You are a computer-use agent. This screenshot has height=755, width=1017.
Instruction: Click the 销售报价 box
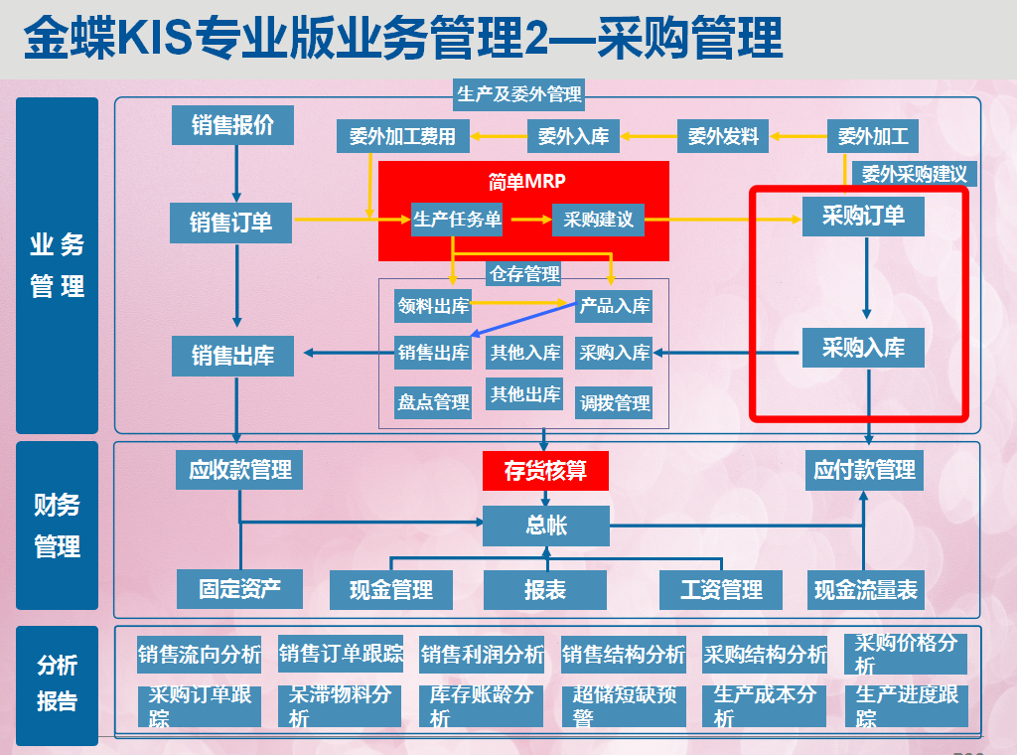click(x=232, y=125)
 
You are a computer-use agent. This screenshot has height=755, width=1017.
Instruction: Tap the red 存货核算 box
click(x=544, y=470)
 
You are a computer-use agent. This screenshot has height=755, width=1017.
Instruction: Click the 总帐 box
click(x=544, y=525)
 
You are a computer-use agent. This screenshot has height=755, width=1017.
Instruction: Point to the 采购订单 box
click(x=863, y=216)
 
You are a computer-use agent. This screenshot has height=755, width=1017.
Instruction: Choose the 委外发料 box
click(x=723, y=136)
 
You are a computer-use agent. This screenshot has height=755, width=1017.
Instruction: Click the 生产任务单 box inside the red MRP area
click(x=457, y=220)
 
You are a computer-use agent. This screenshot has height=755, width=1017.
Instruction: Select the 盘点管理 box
click(x=433, y=402)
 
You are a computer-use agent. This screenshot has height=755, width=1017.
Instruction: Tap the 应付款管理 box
click(x=864, y=470)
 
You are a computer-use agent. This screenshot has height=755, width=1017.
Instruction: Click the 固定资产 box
click(x=239, y=588)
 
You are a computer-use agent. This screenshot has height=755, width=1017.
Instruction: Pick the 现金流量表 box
click(x=865, y=590)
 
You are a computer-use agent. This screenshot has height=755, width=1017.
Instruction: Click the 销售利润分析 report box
click(x=482, y=655)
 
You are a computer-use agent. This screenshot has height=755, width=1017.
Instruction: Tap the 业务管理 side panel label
click(x=58, y=266)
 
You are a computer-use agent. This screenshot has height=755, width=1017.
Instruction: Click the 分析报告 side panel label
click(x=58, y=683)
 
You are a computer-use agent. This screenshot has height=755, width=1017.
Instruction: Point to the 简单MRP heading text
click(x=526, y=182)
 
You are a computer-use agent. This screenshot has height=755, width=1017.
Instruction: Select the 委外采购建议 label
click(x=914, y=174)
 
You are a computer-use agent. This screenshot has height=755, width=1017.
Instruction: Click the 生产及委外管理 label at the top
click(x=518, y=95)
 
